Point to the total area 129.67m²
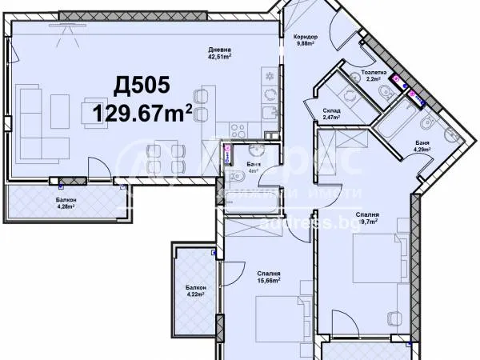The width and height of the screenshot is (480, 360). point(142,113)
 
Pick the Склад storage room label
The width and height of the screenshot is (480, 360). point(332,113)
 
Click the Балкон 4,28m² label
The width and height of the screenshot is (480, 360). point(67,203)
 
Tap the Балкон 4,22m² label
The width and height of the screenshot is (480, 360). point(196,290)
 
